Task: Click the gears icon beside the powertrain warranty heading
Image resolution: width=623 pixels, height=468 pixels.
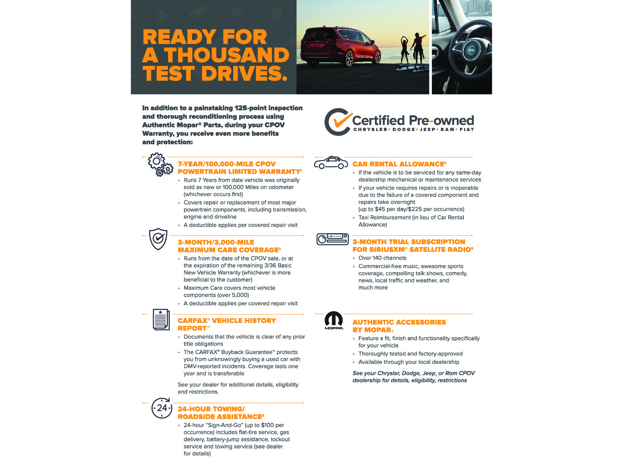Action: [160, 165]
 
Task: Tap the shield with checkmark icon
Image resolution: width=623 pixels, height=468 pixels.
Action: [158, 239]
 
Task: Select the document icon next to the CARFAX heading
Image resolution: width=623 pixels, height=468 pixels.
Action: [161, 319]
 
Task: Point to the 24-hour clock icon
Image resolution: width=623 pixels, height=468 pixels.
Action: [162, 408]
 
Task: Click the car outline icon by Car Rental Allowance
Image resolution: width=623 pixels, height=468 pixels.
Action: [331, 163]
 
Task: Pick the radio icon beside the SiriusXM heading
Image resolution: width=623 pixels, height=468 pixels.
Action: [333, 239]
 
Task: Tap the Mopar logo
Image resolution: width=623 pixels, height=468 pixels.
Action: [334, 320]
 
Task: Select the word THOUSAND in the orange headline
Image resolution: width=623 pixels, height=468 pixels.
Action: [227, 55]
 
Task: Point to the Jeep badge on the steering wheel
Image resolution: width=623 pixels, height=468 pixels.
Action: [471, 51]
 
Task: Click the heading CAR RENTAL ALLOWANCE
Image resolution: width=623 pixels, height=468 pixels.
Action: [398, 164]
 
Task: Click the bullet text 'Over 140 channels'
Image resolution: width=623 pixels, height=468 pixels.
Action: [382, 258]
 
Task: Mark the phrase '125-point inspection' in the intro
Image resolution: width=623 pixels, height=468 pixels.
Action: [269, 108]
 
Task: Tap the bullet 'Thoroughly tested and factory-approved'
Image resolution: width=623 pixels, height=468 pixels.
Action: [410, 354]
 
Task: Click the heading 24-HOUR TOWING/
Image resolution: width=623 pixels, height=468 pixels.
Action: [211, 409]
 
